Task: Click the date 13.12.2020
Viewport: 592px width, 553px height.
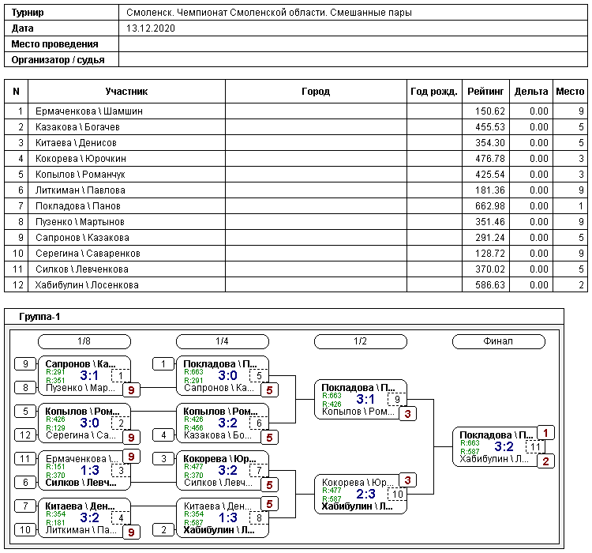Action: tap(151, 28)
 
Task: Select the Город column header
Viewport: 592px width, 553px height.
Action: tap(316, 92)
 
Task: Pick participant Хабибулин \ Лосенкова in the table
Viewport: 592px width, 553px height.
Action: tap(87, 285)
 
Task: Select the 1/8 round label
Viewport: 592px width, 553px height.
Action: tap(84, 341)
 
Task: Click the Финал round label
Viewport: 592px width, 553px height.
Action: tap(498, 341)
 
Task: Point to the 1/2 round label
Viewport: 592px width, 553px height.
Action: tap(360, 341)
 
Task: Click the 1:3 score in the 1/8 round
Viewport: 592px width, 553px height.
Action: tap(90, 471)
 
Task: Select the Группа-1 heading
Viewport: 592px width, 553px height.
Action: tap(39, 317)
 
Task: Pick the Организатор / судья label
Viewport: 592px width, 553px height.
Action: tap(54, 59)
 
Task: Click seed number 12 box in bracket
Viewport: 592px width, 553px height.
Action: tap(25, 434)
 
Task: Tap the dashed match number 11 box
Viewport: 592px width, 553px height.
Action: tap(535, 446)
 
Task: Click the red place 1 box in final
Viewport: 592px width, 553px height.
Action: tap(546, 432)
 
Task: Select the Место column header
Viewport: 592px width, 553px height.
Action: tap(570, 92)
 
